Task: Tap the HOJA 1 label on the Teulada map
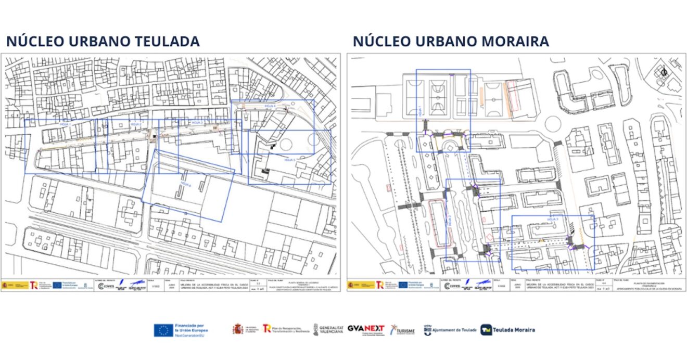tap(65, 125)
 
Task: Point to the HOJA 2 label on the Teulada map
tap(136, 125)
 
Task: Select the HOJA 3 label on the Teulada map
tap(196, 123)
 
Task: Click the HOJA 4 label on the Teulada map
tap(270, 106)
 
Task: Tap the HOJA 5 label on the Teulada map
tap(289, 160)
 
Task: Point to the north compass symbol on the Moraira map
tap(664, 72)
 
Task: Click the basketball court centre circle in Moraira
tap(437, 95)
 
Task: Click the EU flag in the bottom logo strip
tap(163, 330)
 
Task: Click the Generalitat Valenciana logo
tap(328, 330)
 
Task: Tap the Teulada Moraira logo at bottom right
tap(507, 330)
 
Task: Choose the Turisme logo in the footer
tap(403, 330)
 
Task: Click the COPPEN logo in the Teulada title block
tap(106, 286)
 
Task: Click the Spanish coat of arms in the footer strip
tap(238, 329)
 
